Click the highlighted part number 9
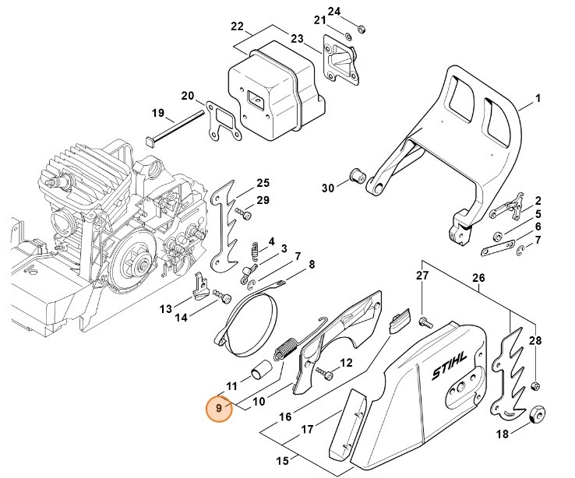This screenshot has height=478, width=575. (219, 408)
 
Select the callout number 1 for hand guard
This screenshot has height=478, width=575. (538, 99)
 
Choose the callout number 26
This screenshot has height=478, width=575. (478, 278)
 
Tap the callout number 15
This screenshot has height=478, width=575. (281, 461)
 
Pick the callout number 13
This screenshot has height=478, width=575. (165, 308)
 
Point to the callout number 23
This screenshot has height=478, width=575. (297, 38)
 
